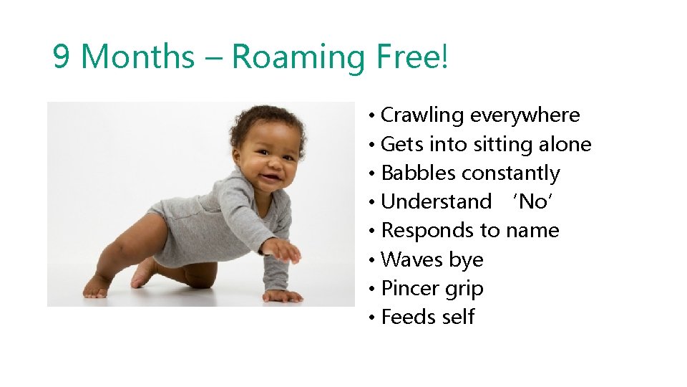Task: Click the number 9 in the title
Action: [x=62, y=57]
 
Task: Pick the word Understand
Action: [x=437, y=202]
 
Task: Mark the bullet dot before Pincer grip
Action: [x=373, y=290]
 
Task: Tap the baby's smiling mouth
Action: [x=271, y=175]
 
